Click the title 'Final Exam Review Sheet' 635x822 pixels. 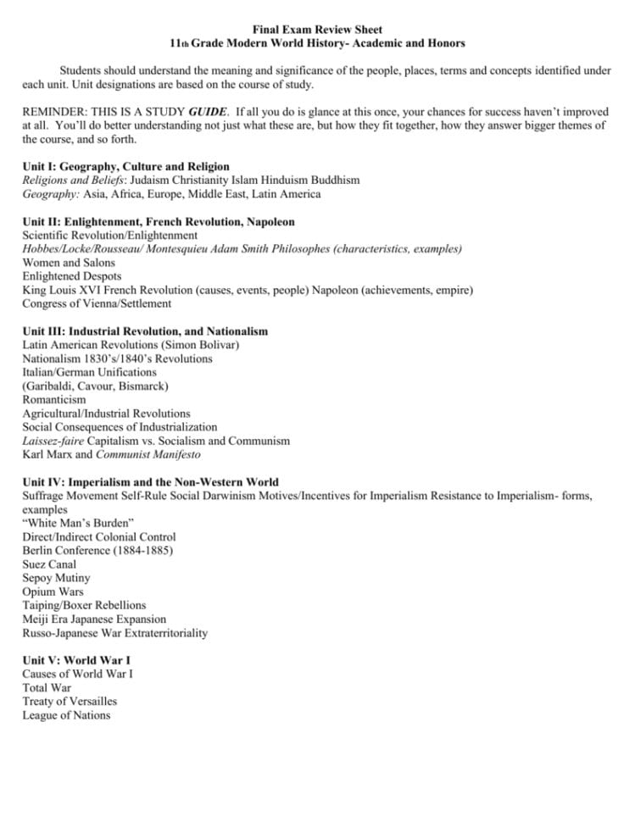click(317, 30)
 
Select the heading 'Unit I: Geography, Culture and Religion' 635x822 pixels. click(125, 167)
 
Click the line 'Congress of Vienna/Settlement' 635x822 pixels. click(97, 303)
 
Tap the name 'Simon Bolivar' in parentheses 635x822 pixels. click(201, 345)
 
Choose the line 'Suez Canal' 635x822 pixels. click(49, 564)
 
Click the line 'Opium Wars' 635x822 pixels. click(53, 592)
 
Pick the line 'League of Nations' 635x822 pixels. click(66, 715)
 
